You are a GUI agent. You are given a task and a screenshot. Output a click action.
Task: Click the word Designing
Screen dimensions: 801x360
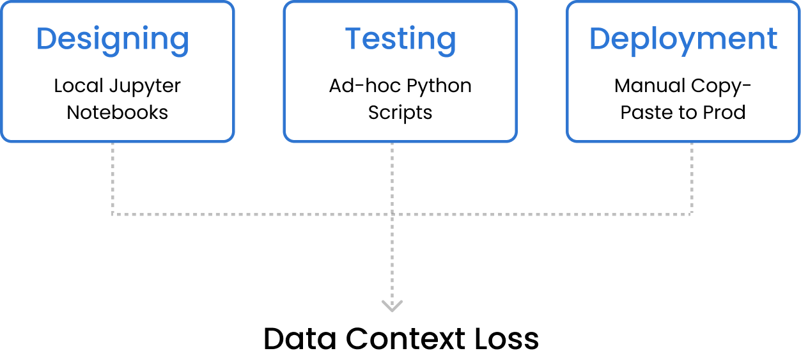pos(113,40)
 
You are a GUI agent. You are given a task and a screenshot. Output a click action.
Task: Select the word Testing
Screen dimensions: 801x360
pos(401,40)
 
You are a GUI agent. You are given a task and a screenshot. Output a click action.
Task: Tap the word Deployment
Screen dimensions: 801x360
pos(683,40)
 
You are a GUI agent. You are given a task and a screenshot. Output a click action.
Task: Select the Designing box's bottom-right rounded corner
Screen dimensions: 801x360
pos(230,137)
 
